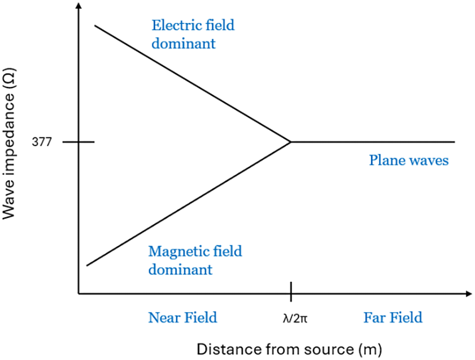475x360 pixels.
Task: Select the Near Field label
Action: pyautogui.click(x=182, y=317)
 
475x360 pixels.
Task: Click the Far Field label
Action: pyautogui.click(x=393, y=317)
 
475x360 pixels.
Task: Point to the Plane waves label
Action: pyautogui.click(x=408, y=160)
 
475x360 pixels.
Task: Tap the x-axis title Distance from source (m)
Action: pyautogui.click(x=290, y=348)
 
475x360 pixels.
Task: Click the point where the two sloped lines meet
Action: pyautogui.click(x=290, y=141)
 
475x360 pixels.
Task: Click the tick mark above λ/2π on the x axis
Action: pyautogui.click(x=291, y=292)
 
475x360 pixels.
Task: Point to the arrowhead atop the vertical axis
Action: pyautogui.click(x=78, y=6)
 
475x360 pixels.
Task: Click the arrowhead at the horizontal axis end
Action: pyautogui.click(x=468, y=294)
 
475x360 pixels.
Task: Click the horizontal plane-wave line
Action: pyautogui.click(x=374, y=141)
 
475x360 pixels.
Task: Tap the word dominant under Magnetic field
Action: pyautogui.click(x=180, y=269)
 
